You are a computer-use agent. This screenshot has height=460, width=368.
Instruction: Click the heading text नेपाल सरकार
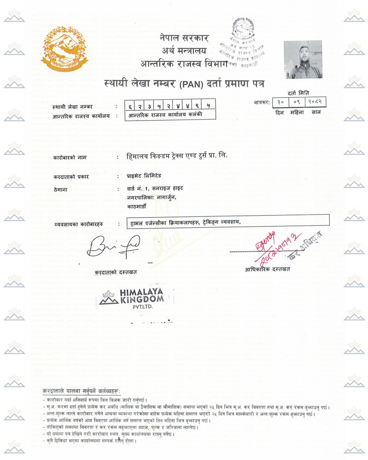coord(184,38)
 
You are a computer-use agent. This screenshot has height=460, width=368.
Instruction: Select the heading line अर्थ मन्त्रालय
coord(184,50)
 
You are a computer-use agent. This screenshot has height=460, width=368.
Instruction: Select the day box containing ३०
coord(280,103)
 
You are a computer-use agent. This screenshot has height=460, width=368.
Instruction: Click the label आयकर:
coord(261,103)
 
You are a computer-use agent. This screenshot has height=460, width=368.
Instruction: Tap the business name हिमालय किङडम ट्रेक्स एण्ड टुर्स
coord(177,156)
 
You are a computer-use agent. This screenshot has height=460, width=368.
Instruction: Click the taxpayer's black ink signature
coord(113,247)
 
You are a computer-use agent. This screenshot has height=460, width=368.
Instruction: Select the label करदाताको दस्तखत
coord(115,272)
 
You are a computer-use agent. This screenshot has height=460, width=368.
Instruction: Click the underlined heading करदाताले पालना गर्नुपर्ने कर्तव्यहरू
coord(82,391)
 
